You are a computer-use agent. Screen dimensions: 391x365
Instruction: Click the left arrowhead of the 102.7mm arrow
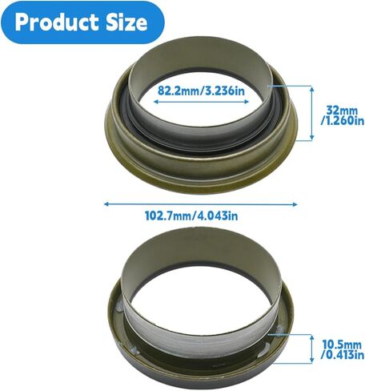point(107,204)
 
